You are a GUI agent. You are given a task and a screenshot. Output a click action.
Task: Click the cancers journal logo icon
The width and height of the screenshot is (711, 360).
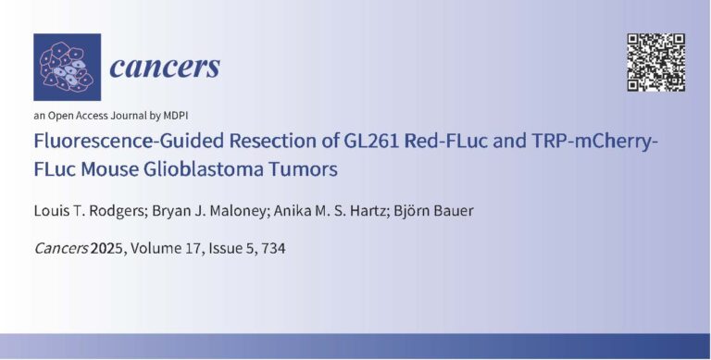click(x=67, y=67)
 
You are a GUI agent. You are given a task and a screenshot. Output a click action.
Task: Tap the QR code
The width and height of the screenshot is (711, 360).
click(x=656, y=62)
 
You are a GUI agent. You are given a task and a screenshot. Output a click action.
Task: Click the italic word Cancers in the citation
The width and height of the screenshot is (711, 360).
click(x=59, y=249)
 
